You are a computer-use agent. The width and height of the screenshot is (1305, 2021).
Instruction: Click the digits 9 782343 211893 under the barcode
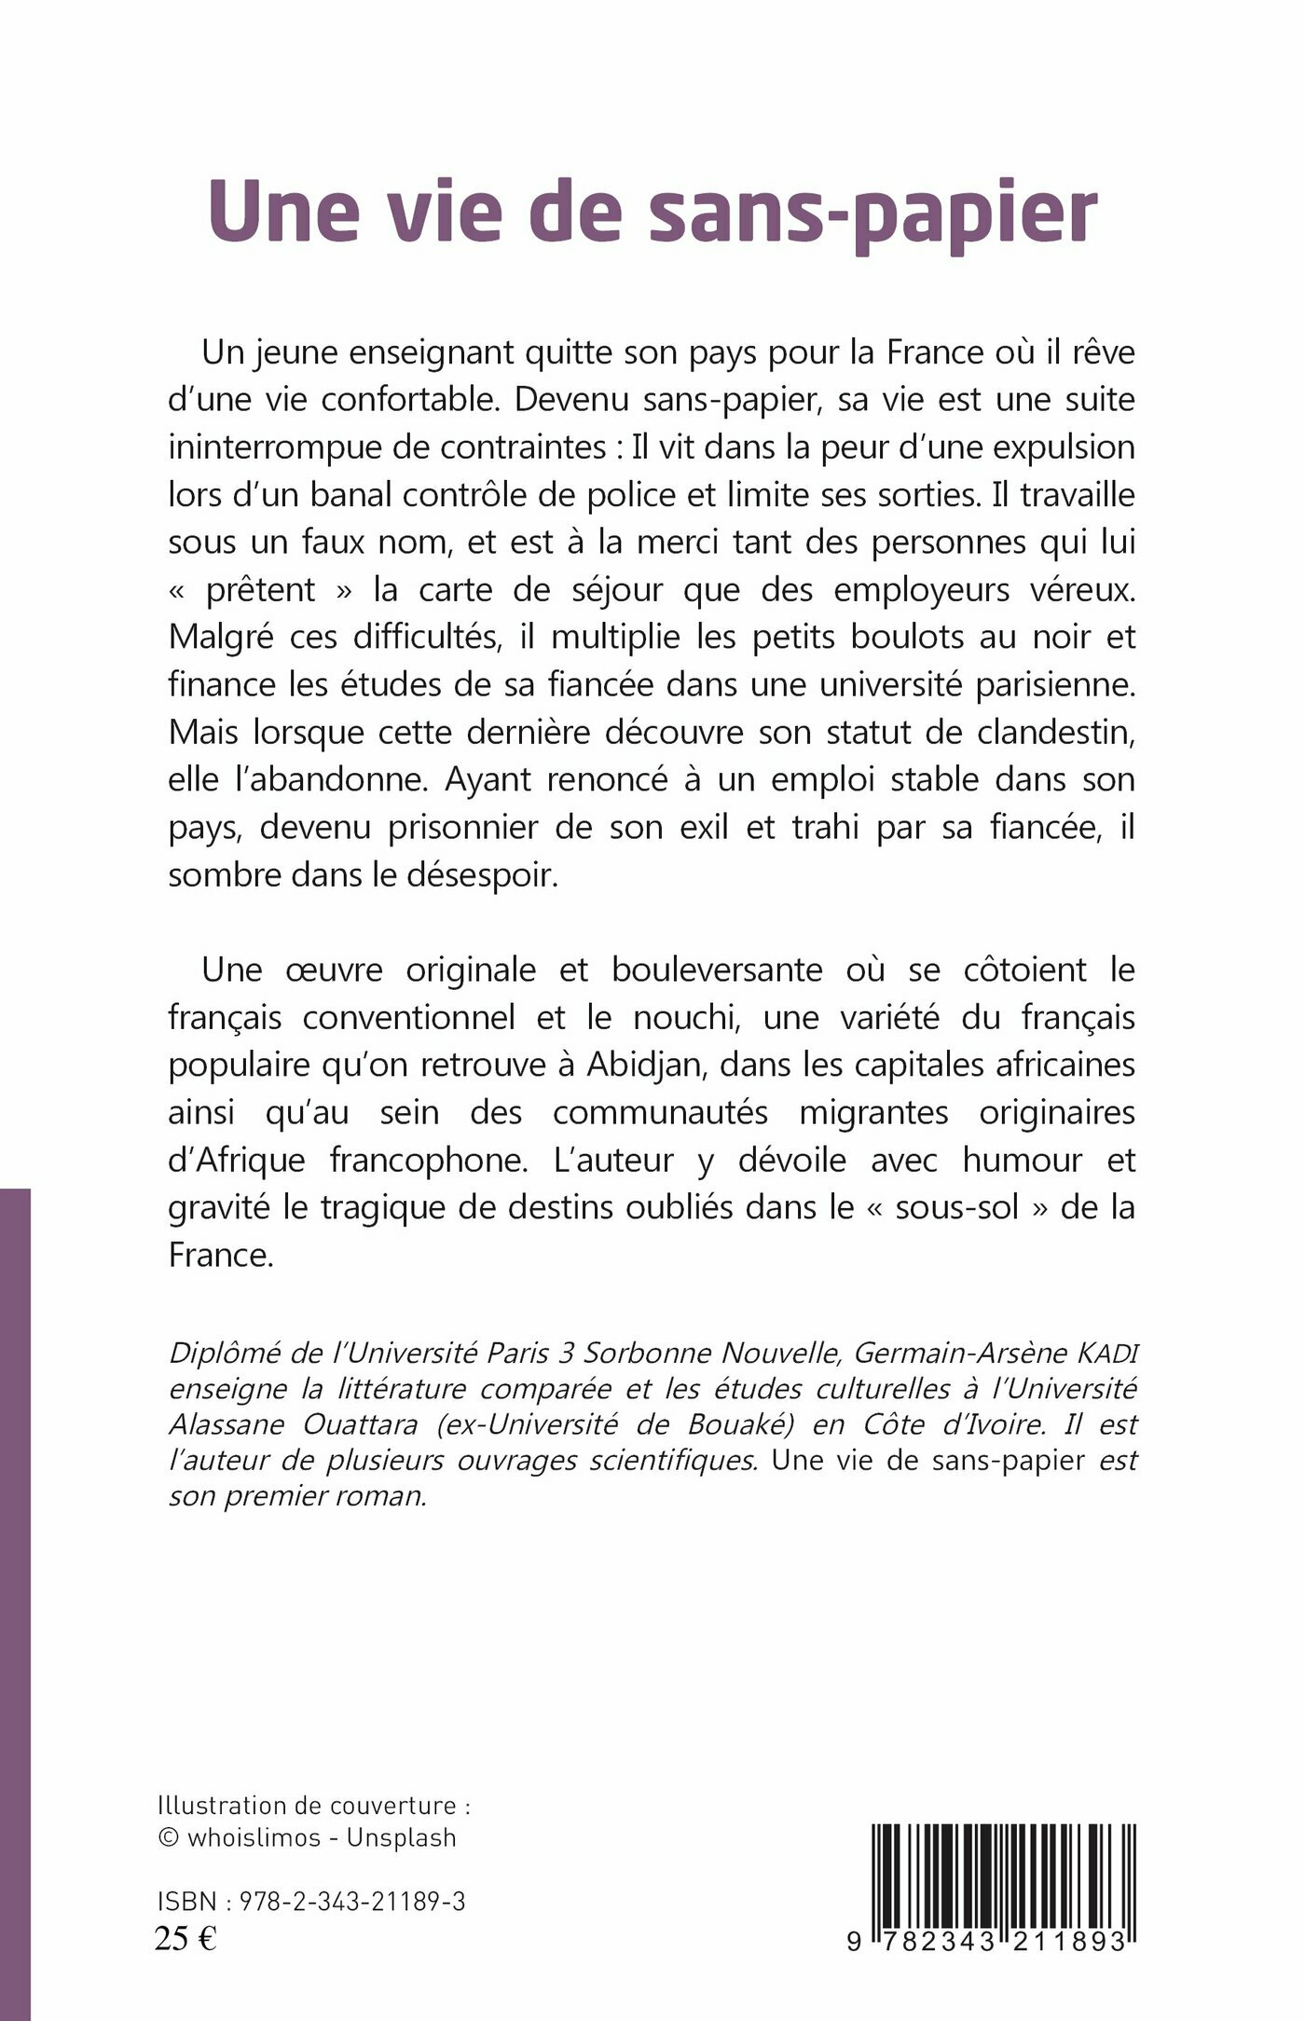point(988,1942)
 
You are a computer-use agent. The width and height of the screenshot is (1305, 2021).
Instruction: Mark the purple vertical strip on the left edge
point(15,1603)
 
